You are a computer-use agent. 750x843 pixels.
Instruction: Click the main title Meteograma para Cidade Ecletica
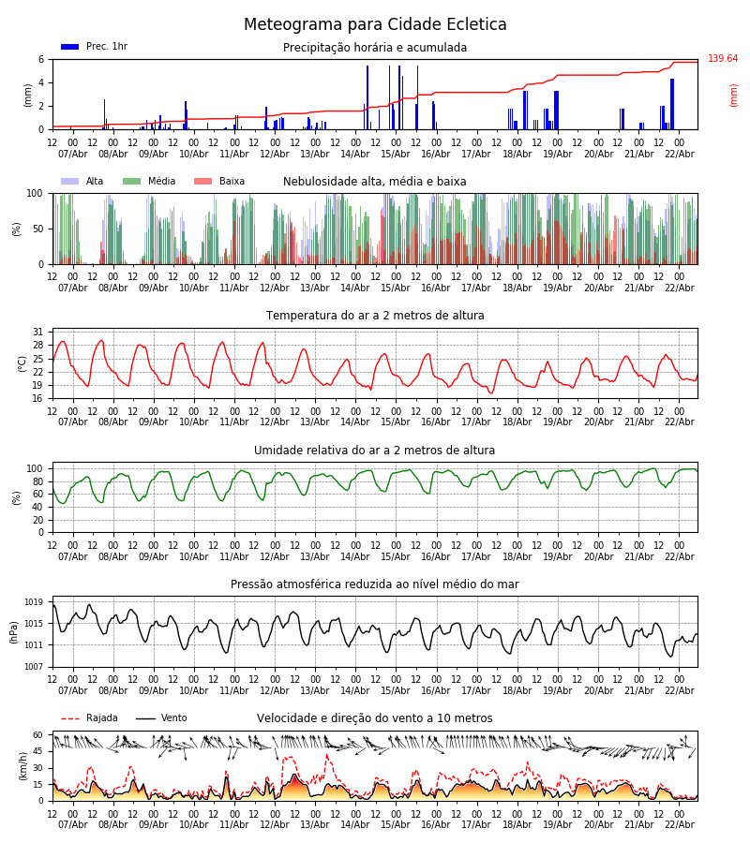coord(375,25)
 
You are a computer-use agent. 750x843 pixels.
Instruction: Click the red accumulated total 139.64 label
coord(723,59)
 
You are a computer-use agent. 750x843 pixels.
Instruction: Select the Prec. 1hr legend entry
coord(95,47)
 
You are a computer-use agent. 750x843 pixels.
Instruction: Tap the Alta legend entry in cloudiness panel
coord(83,182)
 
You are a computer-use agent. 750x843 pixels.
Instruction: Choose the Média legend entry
coord(149,182)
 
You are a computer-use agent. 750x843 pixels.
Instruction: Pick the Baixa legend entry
coord(219,182)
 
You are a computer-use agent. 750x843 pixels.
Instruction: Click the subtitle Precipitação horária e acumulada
coord(375,48)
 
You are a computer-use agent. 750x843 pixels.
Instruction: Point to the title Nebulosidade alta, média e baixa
coord(375,182)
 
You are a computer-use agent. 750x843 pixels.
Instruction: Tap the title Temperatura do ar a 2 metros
coord(375,316)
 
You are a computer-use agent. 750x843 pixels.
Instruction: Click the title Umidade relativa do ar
coord(375,451)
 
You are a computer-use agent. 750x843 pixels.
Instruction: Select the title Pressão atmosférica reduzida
coord(375,584)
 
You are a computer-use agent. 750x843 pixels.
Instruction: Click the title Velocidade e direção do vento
coord(375,718)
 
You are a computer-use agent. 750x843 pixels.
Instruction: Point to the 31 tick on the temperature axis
coord(38,333)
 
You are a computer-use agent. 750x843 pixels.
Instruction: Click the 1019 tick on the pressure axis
coord(34,602)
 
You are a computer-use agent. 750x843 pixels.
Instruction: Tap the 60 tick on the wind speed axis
coord(38,736)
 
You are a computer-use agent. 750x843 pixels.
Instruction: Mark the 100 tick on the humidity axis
coord(36,468)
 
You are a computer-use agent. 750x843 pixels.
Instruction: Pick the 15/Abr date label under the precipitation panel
coord(396,154)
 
